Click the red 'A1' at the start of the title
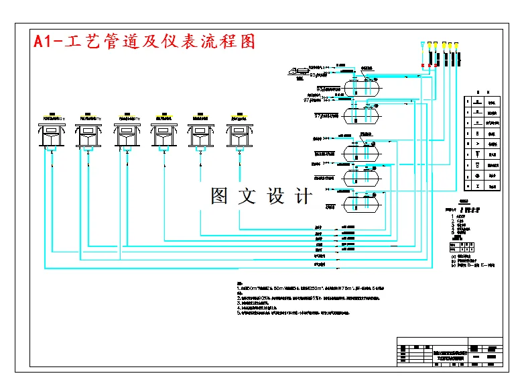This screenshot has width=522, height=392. pyautogui.click(x=44, y=42)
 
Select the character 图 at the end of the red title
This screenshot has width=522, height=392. pyautogui.click(x=247, y=42)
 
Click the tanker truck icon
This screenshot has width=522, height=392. pyautogui.click(x=295, y=69)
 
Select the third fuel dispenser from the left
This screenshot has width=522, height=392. pyautogui.click(x=127, y=134)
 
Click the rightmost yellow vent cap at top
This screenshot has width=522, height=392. pyautogui.click(x=456, y=45)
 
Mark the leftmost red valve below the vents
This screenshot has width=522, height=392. pyautogui.click(x=422, y=65)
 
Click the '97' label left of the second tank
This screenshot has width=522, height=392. pyautogui.click(x=307, y=101)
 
